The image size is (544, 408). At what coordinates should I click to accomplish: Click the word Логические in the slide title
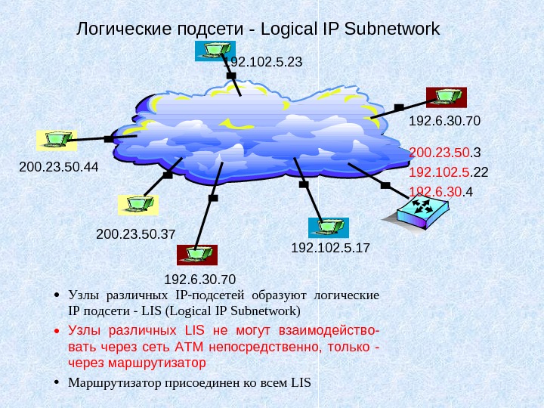(x=123, y=30)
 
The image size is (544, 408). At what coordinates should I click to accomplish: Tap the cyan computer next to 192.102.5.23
(x=209, y=50)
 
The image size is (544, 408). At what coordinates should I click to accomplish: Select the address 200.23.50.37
(x=135, y=234)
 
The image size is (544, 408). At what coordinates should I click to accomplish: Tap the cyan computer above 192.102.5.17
(x=328, y=227)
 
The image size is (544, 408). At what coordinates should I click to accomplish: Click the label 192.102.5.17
(x=330, y=247)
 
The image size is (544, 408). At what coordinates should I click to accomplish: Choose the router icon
(x=424, y=209)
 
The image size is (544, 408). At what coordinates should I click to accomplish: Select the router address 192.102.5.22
(x=448, y=172)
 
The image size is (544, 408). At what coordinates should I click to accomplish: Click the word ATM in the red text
(x=184, y=347)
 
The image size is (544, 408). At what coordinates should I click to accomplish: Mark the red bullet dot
(x=57, y=332)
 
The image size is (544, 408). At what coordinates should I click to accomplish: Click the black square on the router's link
(x=385, y=185)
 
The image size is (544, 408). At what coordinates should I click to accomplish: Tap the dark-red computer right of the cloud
(x=447, y=97)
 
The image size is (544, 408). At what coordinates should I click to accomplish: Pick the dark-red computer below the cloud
(x=196, y=255)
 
